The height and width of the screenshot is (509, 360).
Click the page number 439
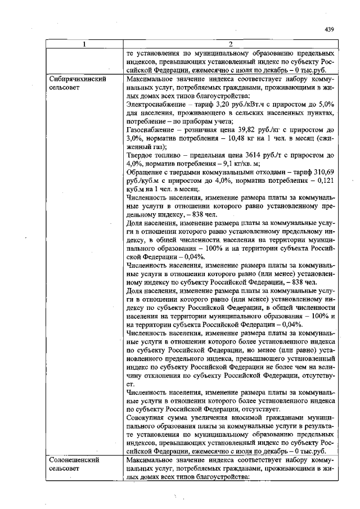click(x=330, y=30)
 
